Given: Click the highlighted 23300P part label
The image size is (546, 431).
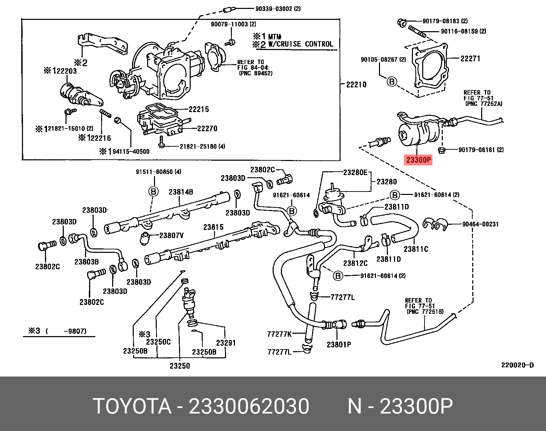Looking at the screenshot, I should (418, 160).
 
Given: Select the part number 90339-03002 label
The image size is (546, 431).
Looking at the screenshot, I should (278, 9).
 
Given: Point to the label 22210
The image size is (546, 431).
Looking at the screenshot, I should (356, 85).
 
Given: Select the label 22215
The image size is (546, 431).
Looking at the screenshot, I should (199, 109).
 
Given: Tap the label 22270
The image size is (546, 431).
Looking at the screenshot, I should (207, 128).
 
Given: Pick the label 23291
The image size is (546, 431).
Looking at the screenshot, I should (226, 343).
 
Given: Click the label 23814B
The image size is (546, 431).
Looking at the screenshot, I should (181, 192).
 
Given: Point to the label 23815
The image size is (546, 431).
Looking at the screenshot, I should (213, 227).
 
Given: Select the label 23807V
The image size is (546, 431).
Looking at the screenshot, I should (171, 235).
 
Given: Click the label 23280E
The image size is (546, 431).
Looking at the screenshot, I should (355, 173).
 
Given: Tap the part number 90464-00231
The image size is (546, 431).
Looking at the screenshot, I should (480, 224).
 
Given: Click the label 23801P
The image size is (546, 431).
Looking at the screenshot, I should (339, 345).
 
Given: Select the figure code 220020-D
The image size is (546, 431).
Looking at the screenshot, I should (518, 365).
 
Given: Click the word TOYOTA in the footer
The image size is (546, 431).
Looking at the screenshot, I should (132, 406).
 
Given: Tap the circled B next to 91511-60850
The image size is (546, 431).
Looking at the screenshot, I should (153, 192).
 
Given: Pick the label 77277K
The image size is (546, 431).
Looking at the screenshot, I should (279, 334).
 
